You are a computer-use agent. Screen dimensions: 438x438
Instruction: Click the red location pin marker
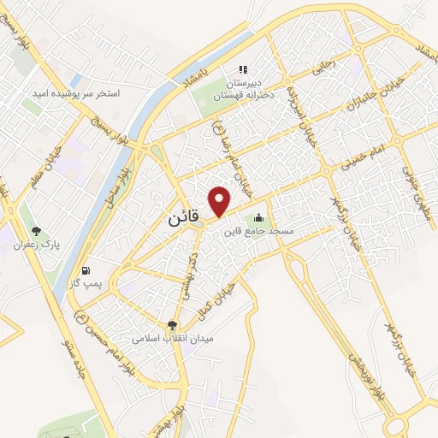221,200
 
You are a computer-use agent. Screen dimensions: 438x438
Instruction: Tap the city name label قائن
183,219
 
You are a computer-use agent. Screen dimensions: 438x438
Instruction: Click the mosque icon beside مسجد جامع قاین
258,217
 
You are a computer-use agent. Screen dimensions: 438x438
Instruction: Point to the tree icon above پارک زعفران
36,231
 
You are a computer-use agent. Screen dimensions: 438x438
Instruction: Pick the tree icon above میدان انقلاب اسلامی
172,325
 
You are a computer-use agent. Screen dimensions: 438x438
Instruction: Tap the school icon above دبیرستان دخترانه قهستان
242,69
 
